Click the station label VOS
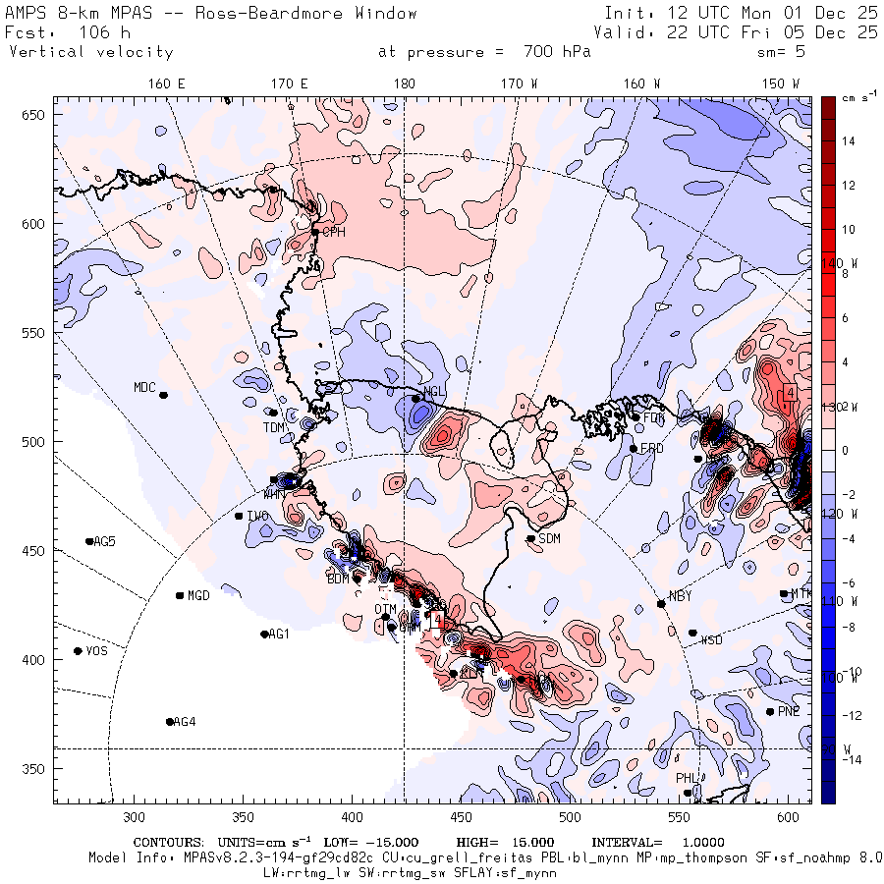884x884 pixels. click(96, 651)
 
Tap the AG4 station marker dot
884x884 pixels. click(170, 722)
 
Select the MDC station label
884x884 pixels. click(144, 387)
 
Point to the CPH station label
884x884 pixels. click(334, 232)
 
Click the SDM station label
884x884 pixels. click(549, 538)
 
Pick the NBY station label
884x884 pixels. click(679, 596)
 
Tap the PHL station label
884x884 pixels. click(686, 778)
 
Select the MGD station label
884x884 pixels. click(198, 595)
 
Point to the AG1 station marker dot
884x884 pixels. click(264, 635)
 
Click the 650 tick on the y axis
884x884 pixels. click(36, 115)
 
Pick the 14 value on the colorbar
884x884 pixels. click(849, 141)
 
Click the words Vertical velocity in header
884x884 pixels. click(90, 52)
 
